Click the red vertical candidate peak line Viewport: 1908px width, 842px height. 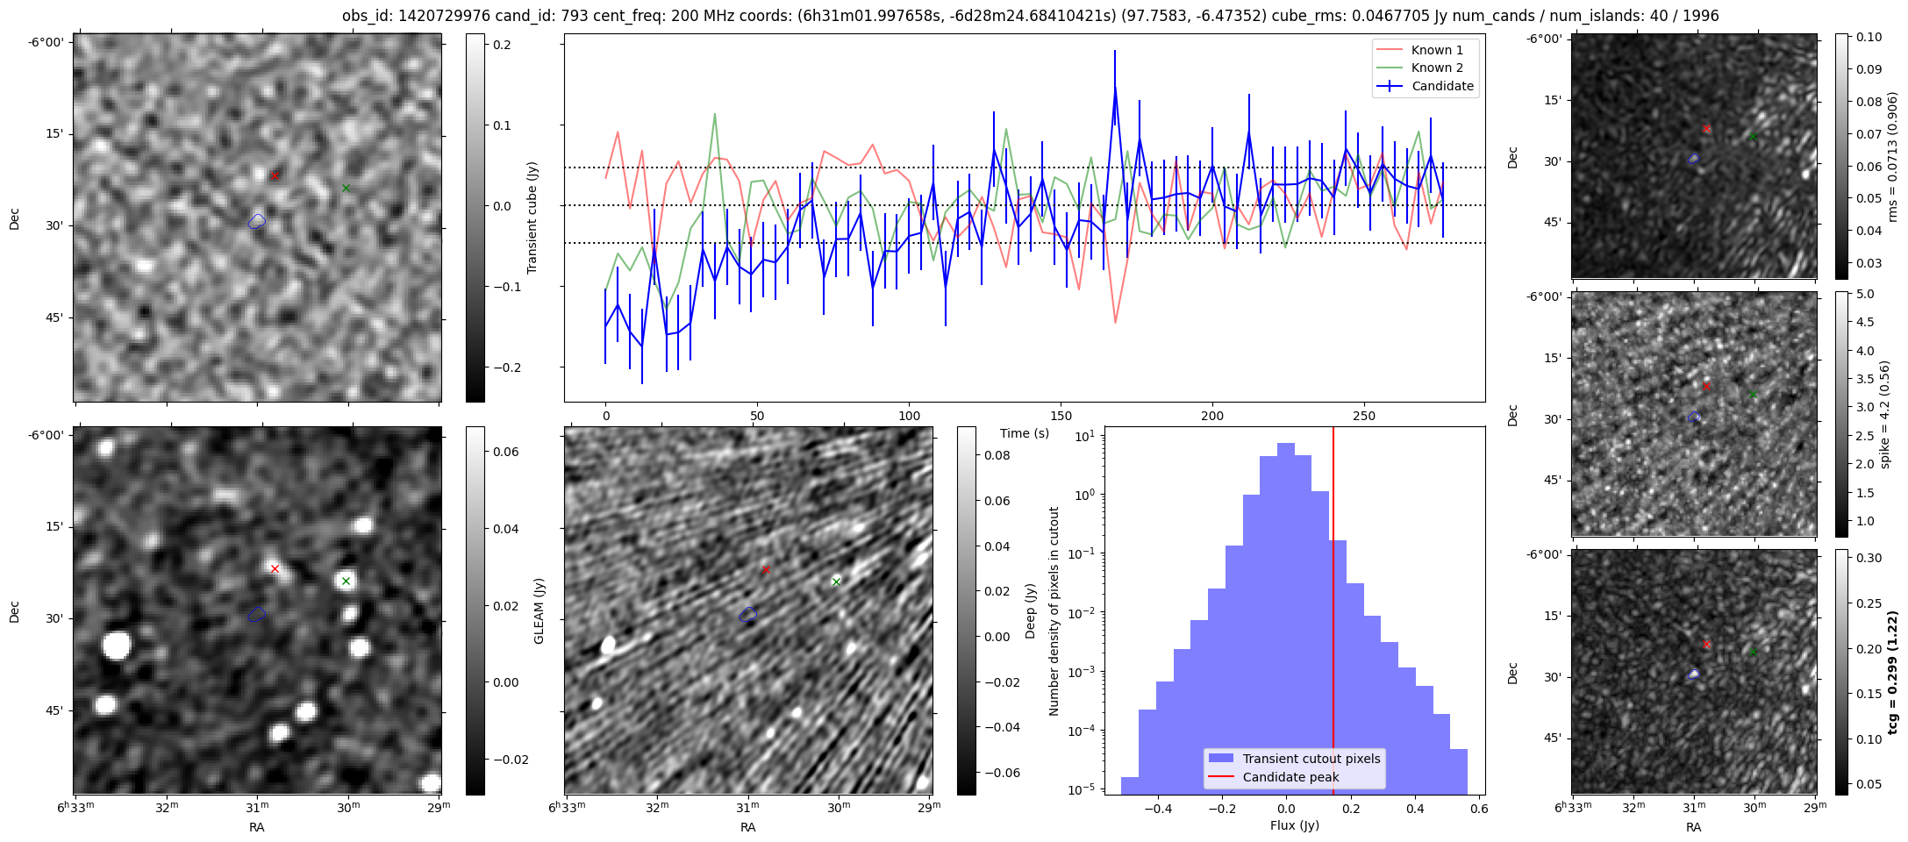(x=1333, y=614)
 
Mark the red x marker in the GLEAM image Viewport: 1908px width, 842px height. (x=275, y=568)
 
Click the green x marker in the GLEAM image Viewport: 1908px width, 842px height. (x=346, y=581)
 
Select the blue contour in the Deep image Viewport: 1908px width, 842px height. (x=747, y=615)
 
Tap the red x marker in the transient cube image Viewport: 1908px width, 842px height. (x=275, y=175)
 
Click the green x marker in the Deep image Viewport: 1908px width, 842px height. (x=836, y=582)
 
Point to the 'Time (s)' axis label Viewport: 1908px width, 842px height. (x=1025, y=433)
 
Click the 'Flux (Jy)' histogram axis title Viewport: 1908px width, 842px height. (x=1294, y=825)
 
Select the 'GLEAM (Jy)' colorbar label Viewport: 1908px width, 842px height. (x=540, y=610)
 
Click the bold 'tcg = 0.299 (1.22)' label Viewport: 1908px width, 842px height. (x=1893, y=672)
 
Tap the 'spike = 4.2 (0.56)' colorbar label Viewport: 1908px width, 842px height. (x=1884, y=414)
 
